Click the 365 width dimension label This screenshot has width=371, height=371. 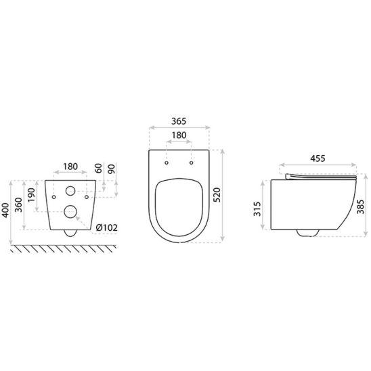[179, 121]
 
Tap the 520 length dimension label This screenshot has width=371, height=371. [217, 195]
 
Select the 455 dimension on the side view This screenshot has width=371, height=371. [318, 158]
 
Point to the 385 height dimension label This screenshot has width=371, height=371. [361, 206]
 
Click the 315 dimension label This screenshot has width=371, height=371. [257, 209]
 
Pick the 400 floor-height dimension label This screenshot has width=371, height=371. [5, 210]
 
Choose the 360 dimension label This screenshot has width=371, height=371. [18, 205]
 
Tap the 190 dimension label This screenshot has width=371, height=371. [31, 195]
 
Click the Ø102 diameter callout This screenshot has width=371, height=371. [107, 227]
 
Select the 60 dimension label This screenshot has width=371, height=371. [98, 168]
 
